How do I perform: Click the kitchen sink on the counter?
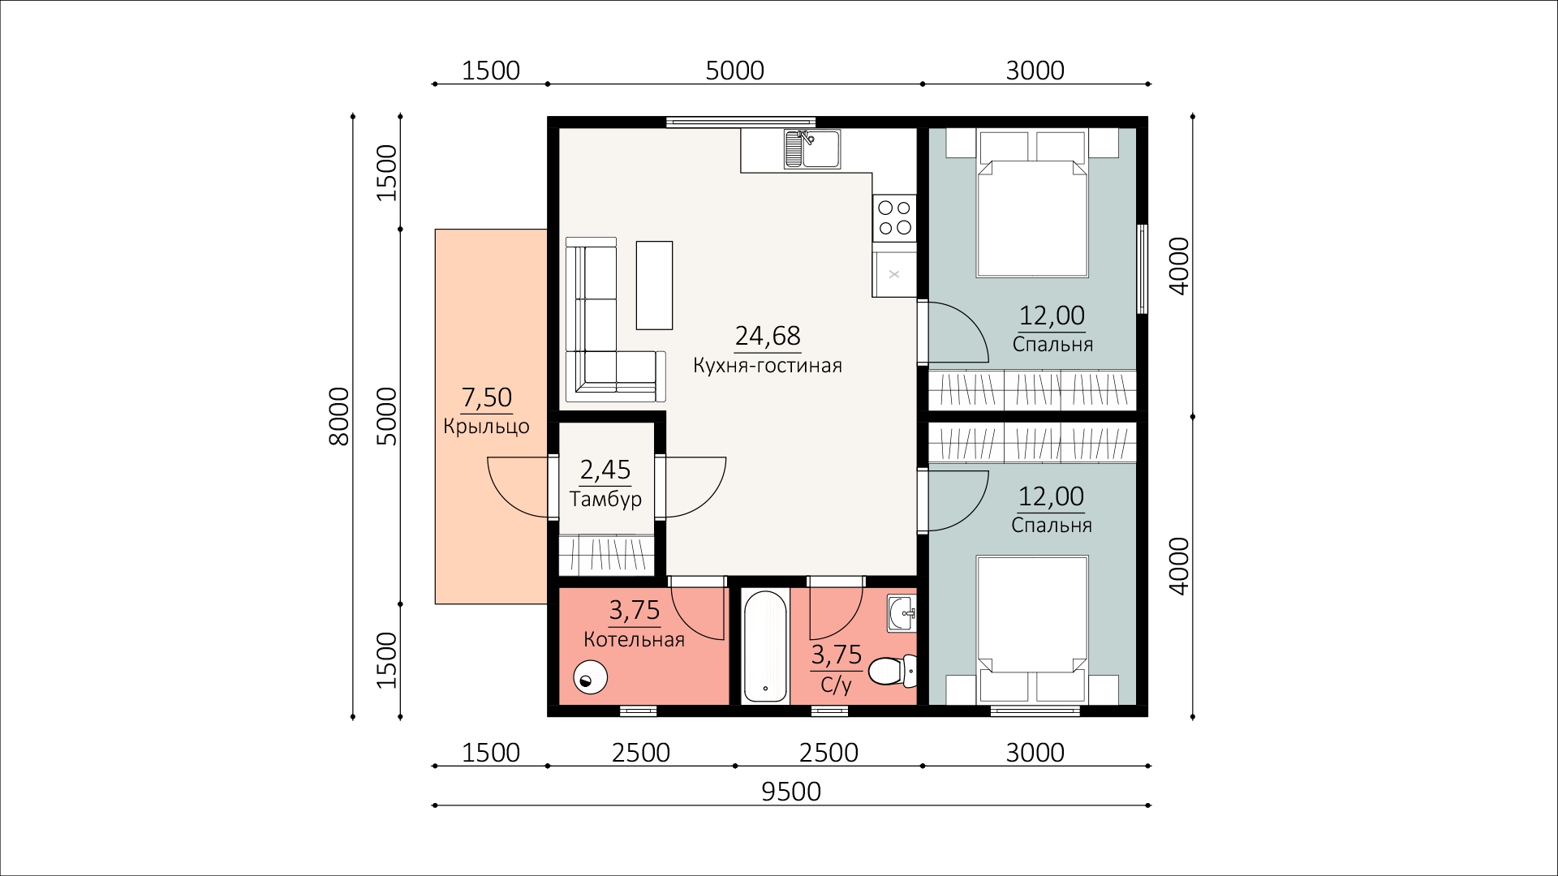(x=812, y=149)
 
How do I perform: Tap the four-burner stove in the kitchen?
(x=894, y=217)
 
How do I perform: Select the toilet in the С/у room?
(x=892, y=672)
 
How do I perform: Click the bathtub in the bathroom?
(x=764, y=646)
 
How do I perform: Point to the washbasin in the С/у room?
(x=902, y=613)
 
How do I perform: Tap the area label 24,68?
(x=768, y=335)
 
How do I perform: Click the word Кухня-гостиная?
(x=768, y=366)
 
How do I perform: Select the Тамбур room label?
(x=605, y=499)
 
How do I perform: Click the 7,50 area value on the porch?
(x=487, y=397)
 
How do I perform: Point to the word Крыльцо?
(x=486, y=427)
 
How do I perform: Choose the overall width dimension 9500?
(x=791, y=792)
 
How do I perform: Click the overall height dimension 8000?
(x=339, y=416)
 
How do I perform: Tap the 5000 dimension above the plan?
(x=735, y=71)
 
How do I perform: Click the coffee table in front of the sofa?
(x=654, y=285)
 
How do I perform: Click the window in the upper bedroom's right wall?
(x=1143, y=268)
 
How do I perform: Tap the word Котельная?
(x=634, y=640)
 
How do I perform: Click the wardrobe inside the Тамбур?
(x=606, y=555)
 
